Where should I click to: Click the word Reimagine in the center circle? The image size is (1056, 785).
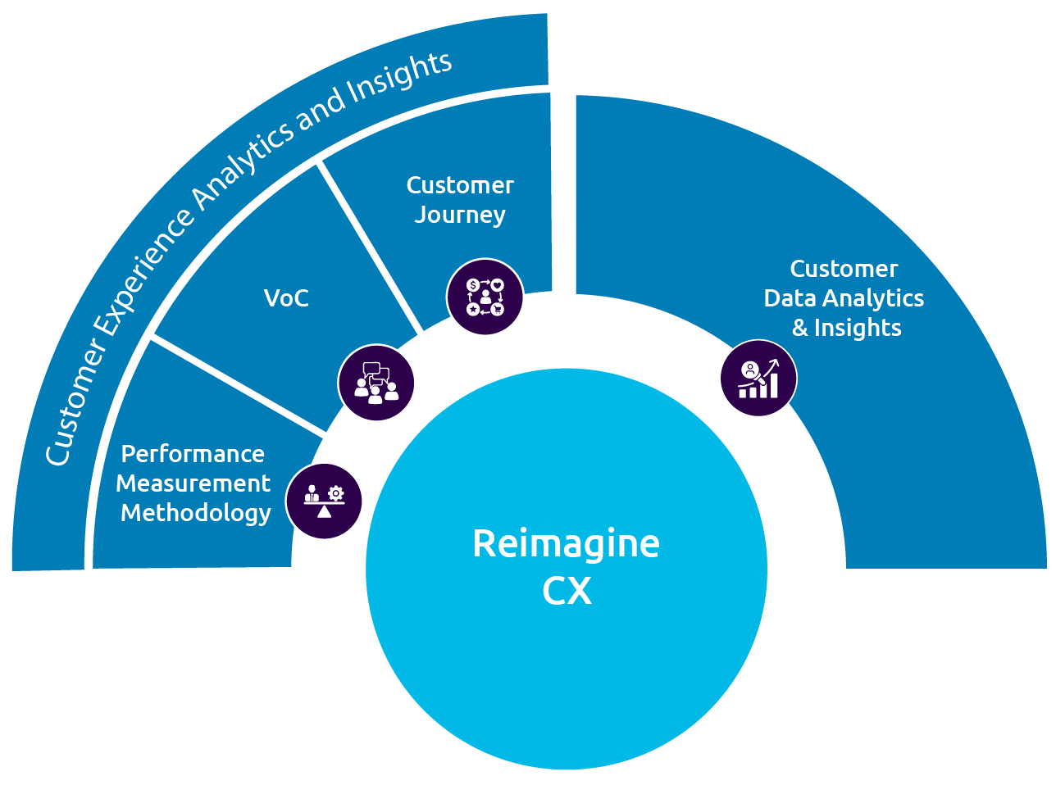point(566,543)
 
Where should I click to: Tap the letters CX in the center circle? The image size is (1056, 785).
point(567,591)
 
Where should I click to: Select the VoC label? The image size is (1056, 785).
point(286,298)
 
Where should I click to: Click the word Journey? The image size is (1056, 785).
point(460,216)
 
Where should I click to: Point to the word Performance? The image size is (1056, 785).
point(193,454)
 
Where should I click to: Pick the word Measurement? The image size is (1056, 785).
point(193,483)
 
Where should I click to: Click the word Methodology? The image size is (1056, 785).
point(195,513)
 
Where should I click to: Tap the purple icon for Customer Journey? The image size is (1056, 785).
point(485,297)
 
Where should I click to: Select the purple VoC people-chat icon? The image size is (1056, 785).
point(376,383)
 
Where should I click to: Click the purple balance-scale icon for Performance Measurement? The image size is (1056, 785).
point(324,501)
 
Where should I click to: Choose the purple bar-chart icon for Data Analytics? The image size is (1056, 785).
point(758,379)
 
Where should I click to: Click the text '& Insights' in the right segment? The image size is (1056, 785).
point(846,328)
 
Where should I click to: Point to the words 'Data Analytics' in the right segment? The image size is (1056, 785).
point(844,298)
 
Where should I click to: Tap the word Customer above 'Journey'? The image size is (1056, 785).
point(460,185)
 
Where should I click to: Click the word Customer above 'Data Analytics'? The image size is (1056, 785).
point(844,269)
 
